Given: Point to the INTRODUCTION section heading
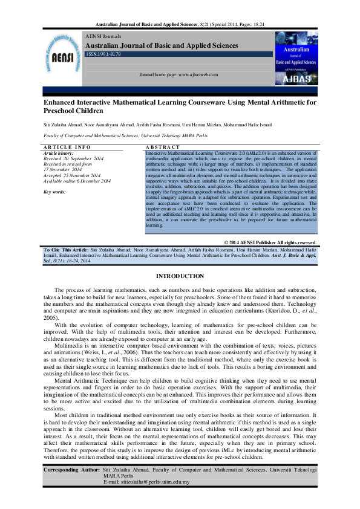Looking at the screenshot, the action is pos(180,276).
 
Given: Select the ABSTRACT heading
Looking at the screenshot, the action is pos(163,147).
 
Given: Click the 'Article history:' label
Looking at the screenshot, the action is pos(59,154).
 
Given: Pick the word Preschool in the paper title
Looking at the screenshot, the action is pos(61,111).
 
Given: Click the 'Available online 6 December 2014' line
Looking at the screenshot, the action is pos(77,181).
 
